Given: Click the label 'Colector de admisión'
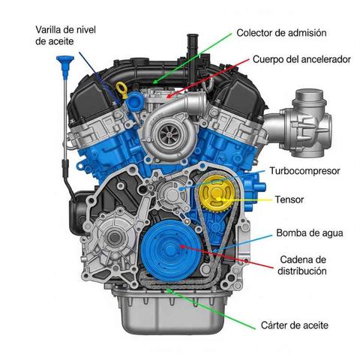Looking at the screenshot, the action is click(x=281, y=33).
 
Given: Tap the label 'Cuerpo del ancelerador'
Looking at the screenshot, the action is click(x=301, y=59).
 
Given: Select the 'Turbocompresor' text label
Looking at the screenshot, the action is click(x=304, y=171).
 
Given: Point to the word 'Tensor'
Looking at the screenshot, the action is click(x=289, y=199).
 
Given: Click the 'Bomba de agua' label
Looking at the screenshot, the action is click(x=310, y=233).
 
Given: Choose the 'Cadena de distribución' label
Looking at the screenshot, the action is click(x=302, y=265).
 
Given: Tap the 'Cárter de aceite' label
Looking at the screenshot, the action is click(x=295, y=325).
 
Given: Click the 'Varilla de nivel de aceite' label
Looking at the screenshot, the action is click(x=65, y=35).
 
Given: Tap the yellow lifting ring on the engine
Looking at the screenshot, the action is click(x=121, y=88).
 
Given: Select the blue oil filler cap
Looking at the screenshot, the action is click(x=136, y=101).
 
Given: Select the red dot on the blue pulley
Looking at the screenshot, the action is click(x=182, y=247).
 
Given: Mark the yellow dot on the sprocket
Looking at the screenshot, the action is click(x=219, y=199).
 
